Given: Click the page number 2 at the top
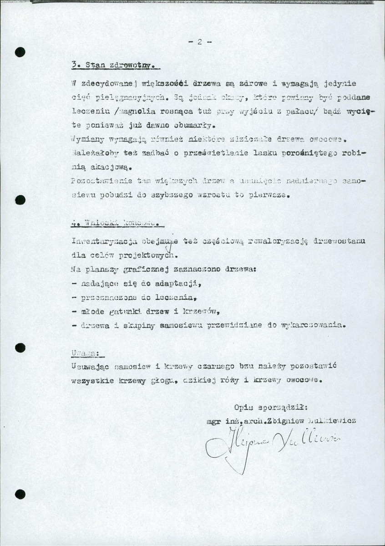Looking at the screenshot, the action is tap(200, 42).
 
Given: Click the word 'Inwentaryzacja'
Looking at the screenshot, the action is tap(100, 241).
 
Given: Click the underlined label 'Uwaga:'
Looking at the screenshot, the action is tap(87, 352).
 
